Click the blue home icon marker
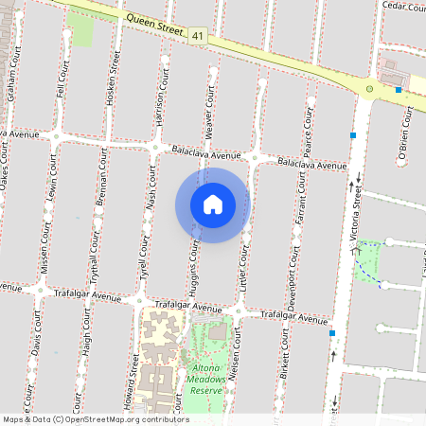click(213, 204)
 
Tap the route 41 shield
click(197, 34)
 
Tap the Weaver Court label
click(208, 110)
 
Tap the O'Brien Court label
click(404, 136)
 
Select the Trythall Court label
click(95, 248)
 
